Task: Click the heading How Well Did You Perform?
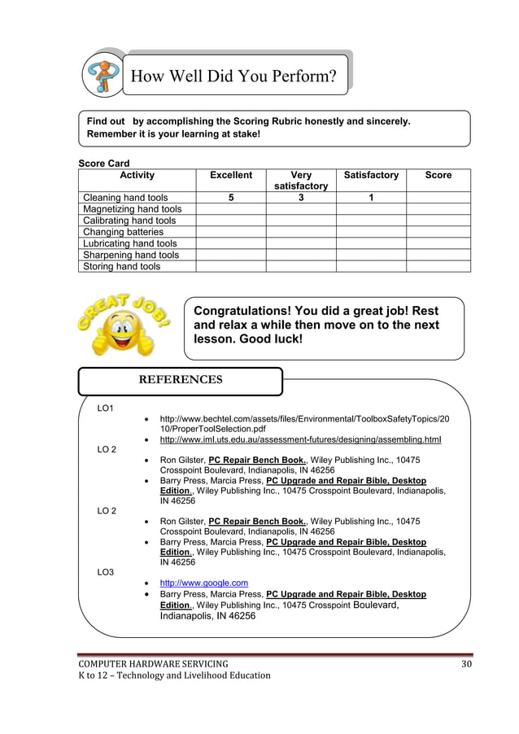(x=233, y=77)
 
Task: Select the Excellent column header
(x=231, y=175)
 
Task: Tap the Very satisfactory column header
(x=301, y=181)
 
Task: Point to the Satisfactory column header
(x=371, y=175)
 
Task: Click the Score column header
(x=438, y=175)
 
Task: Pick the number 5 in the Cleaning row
(x=231, y=198)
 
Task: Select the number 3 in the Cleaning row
(x=301, y=198)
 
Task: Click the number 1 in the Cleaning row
(x=371, y=198)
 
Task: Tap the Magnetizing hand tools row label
(x=133, y=209)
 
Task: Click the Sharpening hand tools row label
(x=131, y=255)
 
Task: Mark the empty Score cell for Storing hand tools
(x=438, y=266)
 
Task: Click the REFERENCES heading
(x=180, y=380)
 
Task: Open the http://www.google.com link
(x=203, y=583)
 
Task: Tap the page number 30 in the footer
(x=465, y=664)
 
